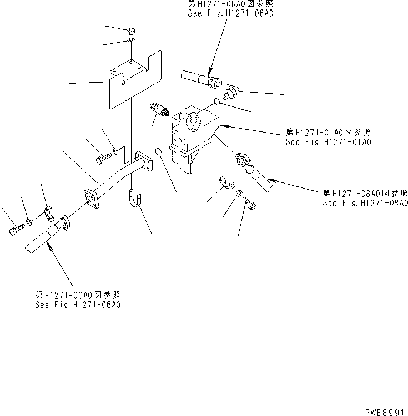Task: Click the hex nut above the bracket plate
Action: pyautogui.click(x=130, y=30)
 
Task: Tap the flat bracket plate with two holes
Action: pyautogui.click(x=133, y=81)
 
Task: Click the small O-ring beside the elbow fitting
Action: pyautogui.click(x=220, y=102)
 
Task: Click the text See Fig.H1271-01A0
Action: pyautogui.click(x=328, y=142)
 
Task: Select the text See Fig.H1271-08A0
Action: pyautogui.click(x=365, y=203)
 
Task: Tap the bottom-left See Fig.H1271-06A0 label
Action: pyautogui.click(x=78, y=305)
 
